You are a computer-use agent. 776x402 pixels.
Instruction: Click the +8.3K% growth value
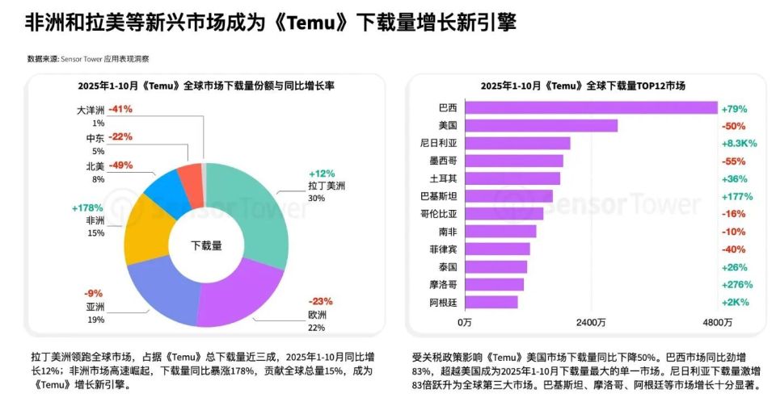coord(738,143)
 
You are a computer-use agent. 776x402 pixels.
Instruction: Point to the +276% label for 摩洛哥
coord(736,284)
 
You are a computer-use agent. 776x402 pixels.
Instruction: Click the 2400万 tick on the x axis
coord(591,323)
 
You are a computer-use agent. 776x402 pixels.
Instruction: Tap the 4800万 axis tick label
coord(717,323)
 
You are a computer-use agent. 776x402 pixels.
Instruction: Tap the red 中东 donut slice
coord(191,182)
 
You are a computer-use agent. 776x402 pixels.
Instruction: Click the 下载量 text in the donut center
coord(205,245)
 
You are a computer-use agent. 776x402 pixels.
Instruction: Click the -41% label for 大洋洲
coord(120,108)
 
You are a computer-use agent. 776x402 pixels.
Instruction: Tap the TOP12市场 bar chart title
coord(583,85)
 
